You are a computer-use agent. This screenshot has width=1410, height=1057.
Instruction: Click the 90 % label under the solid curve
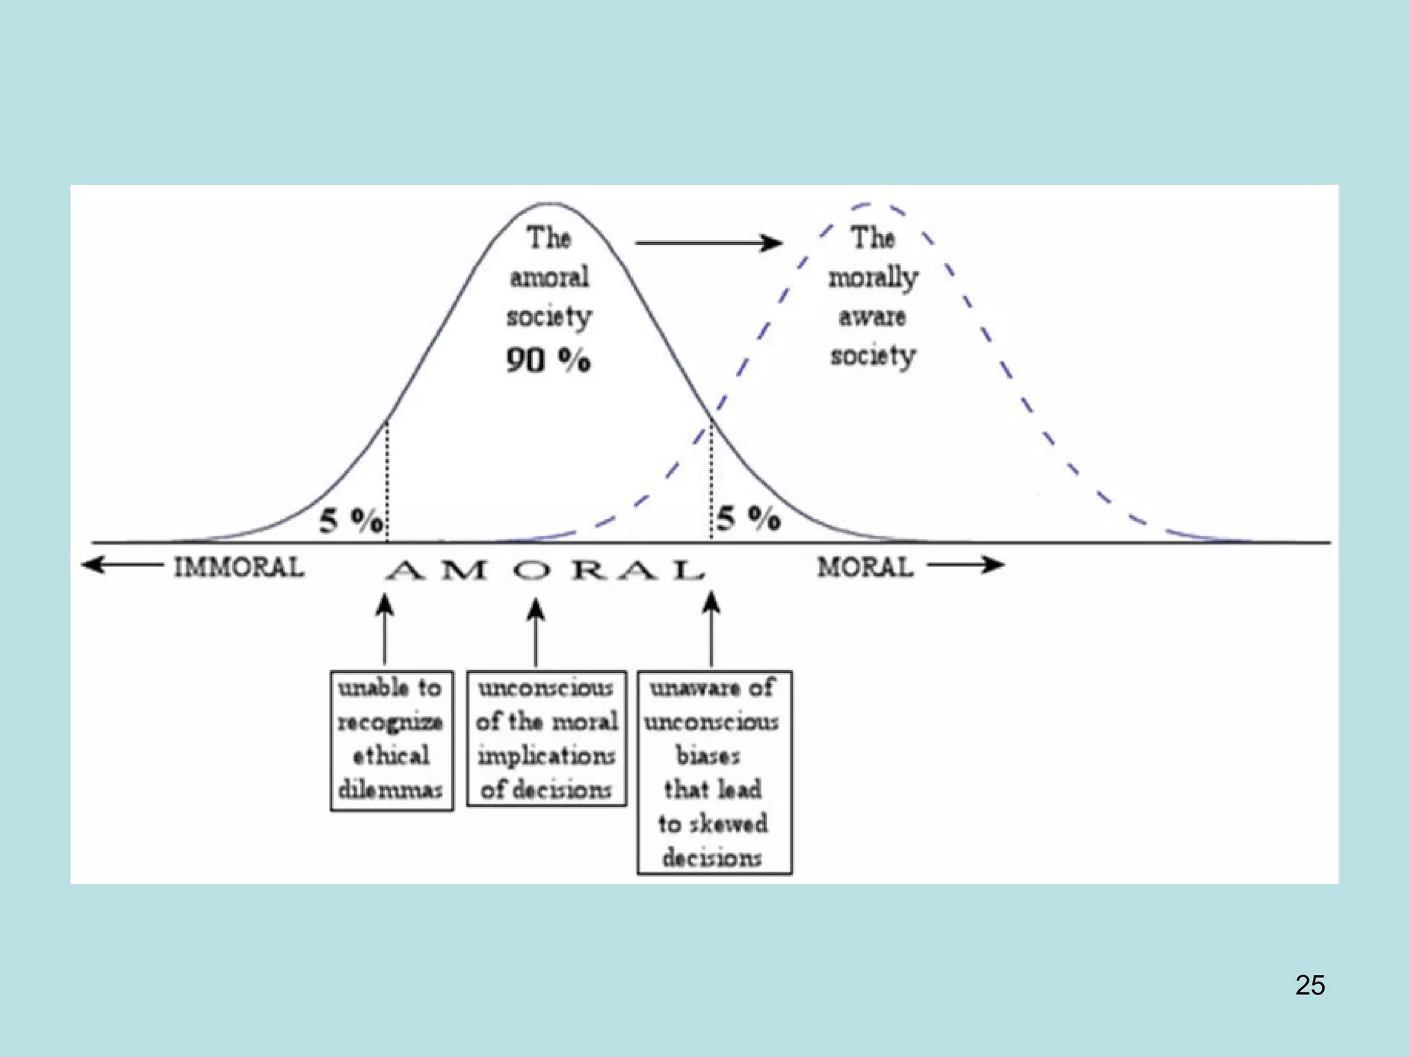(x=548, y=360)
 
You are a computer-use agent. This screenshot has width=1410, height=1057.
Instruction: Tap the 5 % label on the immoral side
(x=351, y=521)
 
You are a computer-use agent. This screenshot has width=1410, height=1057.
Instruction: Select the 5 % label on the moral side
(x=748, y=517)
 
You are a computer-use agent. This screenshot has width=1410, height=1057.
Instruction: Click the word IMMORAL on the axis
(x=238, y=568)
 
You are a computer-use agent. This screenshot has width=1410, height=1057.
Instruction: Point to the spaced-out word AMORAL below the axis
(x=545, y=570)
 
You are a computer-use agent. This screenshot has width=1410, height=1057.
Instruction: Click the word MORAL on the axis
(x=865, y=568)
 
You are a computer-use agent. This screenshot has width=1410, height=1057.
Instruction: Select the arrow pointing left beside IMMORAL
(x=123, y=566)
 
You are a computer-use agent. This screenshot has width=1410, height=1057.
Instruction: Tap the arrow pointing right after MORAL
(x=965, y=566)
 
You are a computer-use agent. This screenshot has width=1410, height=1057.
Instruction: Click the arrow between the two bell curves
(x=709, y=243)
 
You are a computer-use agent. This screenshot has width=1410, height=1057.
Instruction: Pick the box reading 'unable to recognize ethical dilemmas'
(x=391, y=740)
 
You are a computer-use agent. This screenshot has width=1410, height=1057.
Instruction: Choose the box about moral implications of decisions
(x=547, y=738)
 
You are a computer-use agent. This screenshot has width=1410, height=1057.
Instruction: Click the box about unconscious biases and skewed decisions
(x=714, y=772)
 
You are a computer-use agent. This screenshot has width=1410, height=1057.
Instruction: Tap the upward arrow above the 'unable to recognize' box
(x=385, y=629)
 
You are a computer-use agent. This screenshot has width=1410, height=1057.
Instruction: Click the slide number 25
(x=1309, y=985)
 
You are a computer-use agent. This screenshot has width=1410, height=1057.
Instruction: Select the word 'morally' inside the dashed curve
(x=873, y=279)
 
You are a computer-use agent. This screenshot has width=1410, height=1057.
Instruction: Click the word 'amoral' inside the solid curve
(x=549, y=278)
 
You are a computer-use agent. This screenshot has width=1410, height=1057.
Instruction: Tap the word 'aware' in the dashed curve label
(x=872, y=317)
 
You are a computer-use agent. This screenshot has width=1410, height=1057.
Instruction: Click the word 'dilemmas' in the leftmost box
(x=390, y=790)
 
